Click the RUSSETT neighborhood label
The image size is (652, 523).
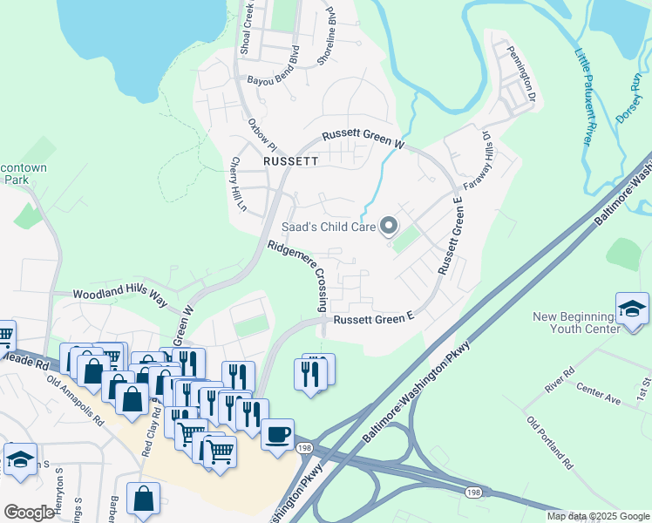pyautogui.click(x=288, y=161)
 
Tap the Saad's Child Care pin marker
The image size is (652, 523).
pyautogui.click(x=390, y=228)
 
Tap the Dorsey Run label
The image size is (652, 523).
pyautogui.click(x=629, y=96)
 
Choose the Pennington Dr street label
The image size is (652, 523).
pyautogui.click(x=521, y=73)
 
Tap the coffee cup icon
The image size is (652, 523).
pyautogui.click(x=278, y=435)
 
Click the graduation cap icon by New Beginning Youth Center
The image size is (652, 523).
pyautogui.click(x=632, y=309)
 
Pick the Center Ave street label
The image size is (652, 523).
pyautogui.click(x=600, y=397)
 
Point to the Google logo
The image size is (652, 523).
pyautogui.click(x=29, y=512)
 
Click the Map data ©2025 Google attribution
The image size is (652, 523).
pyautogui.click(x=597, y=516)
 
